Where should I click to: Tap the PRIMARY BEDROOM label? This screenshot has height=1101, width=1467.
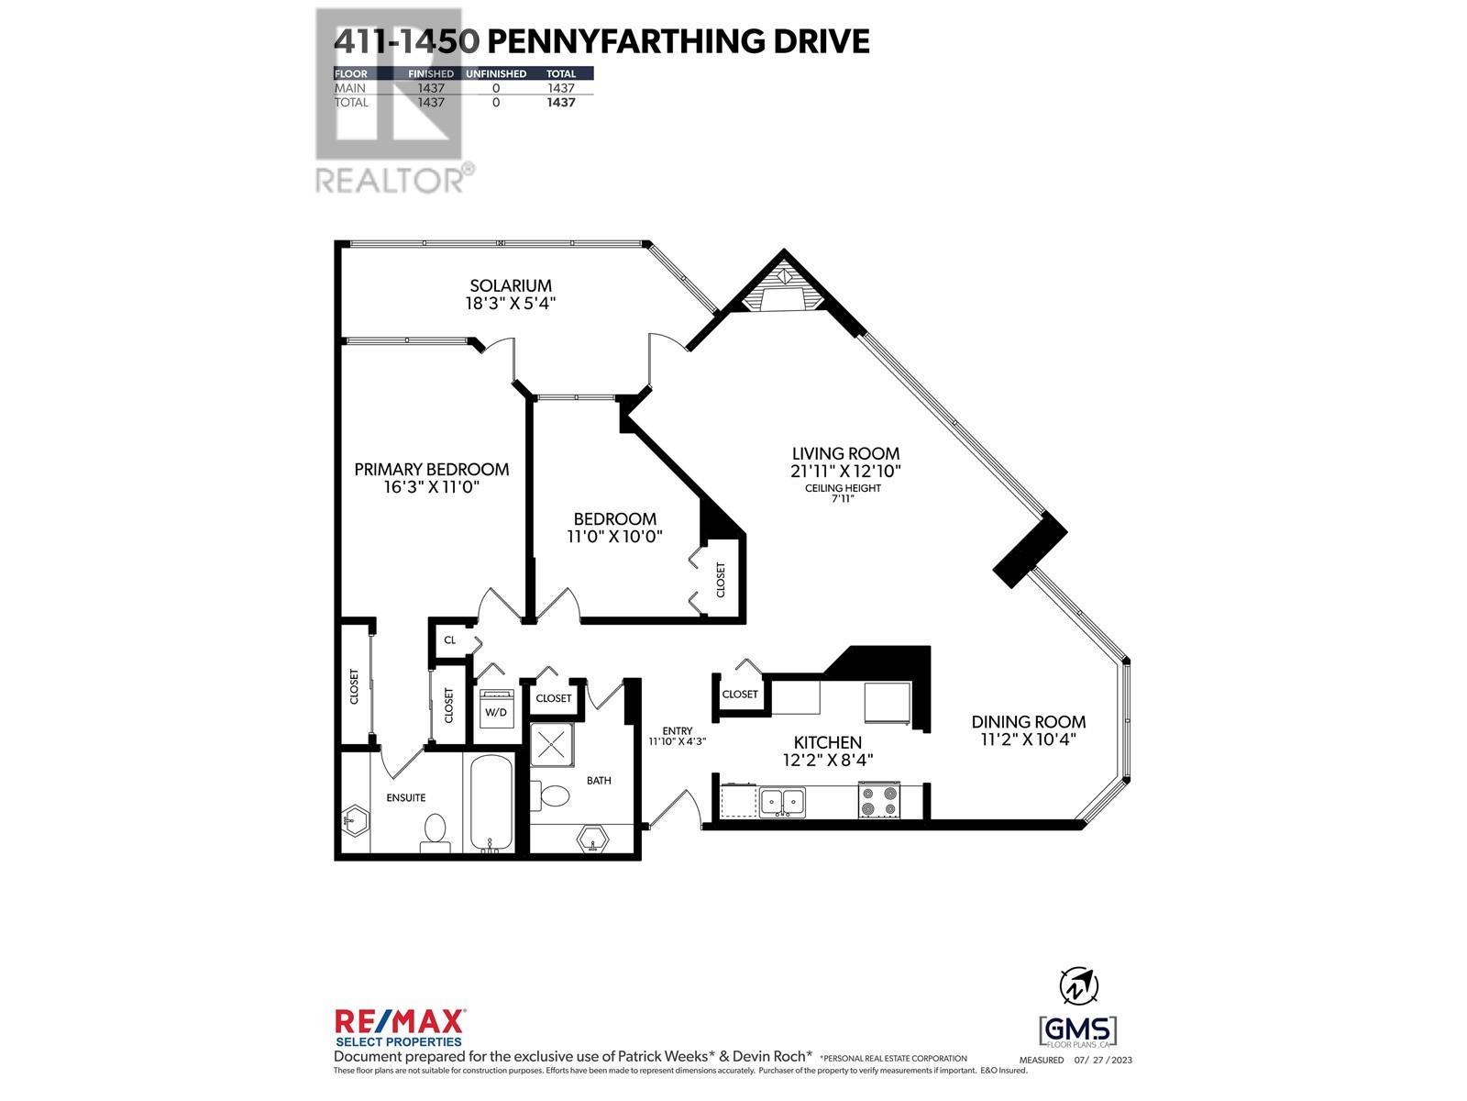pos(432,470)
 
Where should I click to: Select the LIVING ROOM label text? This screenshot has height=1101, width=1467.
pos(845,453)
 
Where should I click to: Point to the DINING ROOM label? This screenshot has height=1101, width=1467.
pos(1029,722)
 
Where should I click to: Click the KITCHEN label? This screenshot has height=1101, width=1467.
pos(827,742)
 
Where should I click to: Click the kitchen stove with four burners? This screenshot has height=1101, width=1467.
pos(879,801)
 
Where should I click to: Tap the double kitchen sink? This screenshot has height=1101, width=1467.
pos(782,802)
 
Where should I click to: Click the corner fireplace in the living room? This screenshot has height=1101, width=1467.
pos(785,289)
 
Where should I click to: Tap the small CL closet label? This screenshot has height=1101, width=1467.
pos(450,640)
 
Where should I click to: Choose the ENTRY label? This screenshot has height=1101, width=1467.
pos(678,730)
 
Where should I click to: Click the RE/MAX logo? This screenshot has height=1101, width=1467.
pos(400,1024)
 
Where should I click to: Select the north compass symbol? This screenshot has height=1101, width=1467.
pos(1079,987)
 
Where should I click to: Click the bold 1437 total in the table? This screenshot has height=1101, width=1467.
pos(561,103)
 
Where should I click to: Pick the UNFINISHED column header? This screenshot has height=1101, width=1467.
pos(496,73)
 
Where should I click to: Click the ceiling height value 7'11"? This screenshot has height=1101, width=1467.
pos(842,499)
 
